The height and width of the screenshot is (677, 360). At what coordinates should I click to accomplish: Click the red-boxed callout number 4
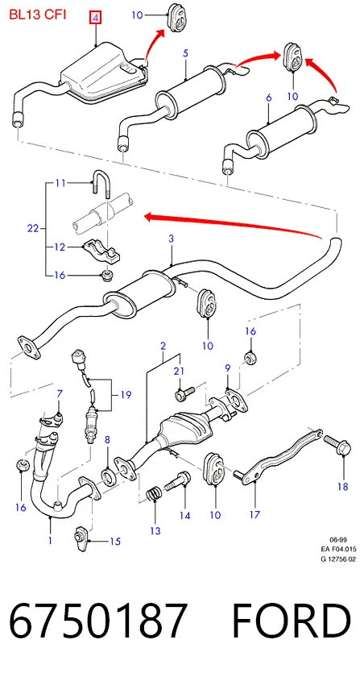click(95, 18)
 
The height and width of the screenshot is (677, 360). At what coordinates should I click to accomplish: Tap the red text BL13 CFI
click(38, 15)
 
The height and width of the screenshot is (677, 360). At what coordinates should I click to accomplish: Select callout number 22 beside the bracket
click(33, 228)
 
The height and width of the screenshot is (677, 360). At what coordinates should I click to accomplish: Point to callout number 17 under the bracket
click(254, 514)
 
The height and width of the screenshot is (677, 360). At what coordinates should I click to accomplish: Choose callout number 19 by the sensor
click(126, 395)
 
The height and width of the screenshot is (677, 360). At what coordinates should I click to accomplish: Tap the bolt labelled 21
click(184, 392)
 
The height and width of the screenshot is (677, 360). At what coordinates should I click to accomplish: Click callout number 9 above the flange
click(227, 368)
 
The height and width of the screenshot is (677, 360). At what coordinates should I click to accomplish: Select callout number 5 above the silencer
click(185, 53)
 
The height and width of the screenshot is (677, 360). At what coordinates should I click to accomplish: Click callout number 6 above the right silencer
click(269, 98)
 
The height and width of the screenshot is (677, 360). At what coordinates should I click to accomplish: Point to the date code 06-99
click(338, 539)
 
